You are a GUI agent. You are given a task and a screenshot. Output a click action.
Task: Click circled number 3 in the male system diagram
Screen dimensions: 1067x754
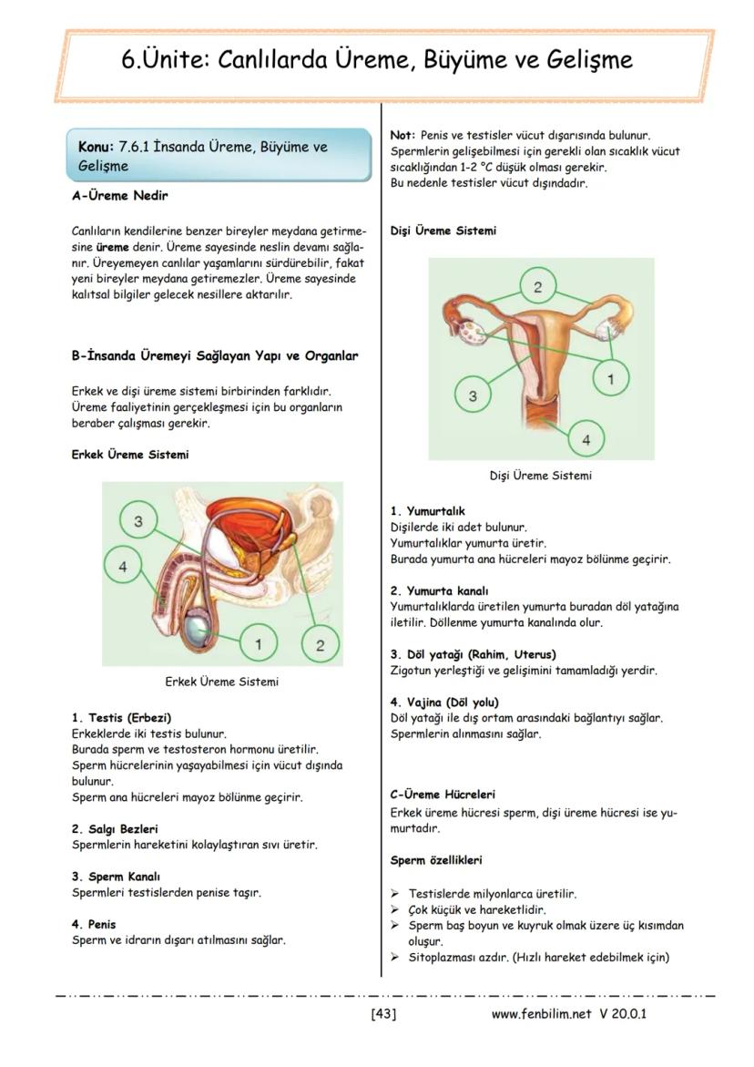tap(138, 521)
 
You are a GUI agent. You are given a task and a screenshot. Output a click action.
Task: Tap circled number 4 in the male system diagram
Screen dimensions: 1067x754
tap(123, 565)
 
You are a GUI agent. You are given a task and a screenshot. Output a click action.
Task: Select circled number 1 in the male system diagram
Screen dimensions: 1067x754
tap(259, 644)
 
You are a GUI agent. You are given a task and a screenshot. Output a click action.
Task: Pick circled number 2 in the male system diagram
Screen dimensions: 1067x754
tap(320, 645)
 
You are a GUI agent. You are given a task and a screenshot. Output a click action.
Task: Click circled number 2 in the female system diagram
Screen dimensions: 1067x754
tap(537, 287)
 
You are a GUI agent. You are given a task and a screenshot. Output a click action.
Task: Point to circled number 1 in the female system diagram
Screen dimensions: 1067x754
tap(610, 376)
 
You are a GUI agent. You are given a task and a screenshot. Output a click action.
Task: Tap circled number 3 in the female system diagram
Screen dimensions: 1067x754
tap(473, 396)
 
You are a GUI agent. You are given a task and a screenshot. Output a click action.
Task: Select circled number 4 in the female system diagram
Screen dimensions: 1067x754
tap(586, 440)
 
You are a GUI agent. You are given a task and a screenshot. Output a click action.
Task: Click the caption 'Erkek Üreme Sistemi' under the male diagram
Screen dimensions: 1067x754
tap(221, 682)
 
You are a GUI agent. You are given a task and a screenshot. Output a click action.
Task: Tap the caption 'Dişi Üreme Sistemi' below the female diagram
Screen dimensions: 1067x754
tap(540, 475)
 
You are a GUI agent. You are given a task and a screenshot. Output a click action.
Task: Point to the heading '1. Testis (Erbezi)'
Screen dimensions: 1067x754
tap(121, 717)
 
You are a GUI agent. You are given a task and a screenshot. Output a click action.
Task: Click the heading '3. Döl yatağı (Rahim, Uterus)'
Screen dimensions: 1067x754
tap(473, 654)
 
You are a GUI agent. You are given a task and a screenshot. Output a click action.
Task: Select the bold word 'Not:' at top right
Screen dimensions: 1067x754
tap(402, 135)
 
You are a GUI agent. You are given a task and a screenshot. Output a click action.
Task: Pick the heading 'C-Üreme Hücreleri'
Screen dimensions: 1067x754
tap(442, 795)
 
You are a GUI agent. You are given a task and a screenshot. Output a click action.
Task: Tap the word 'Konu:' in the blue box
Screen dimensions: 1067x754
tap(96, 147)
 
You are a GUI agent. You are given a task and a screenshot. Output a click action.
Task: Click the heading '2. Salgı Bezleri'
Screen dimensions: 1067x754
tap(115, 829)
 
